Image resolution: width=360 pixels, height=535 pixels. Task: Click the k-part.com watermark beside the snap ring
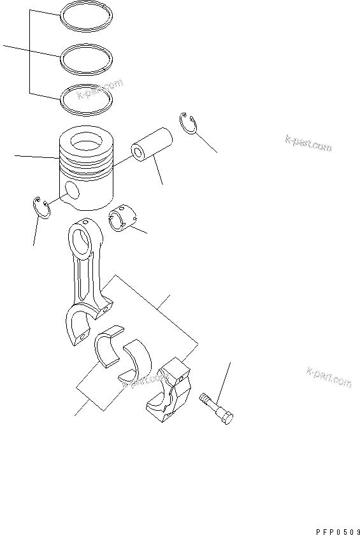tap(308, 142)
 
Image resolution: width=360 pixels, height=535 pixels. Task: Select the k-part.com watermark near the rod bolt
tap(329, 377)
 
